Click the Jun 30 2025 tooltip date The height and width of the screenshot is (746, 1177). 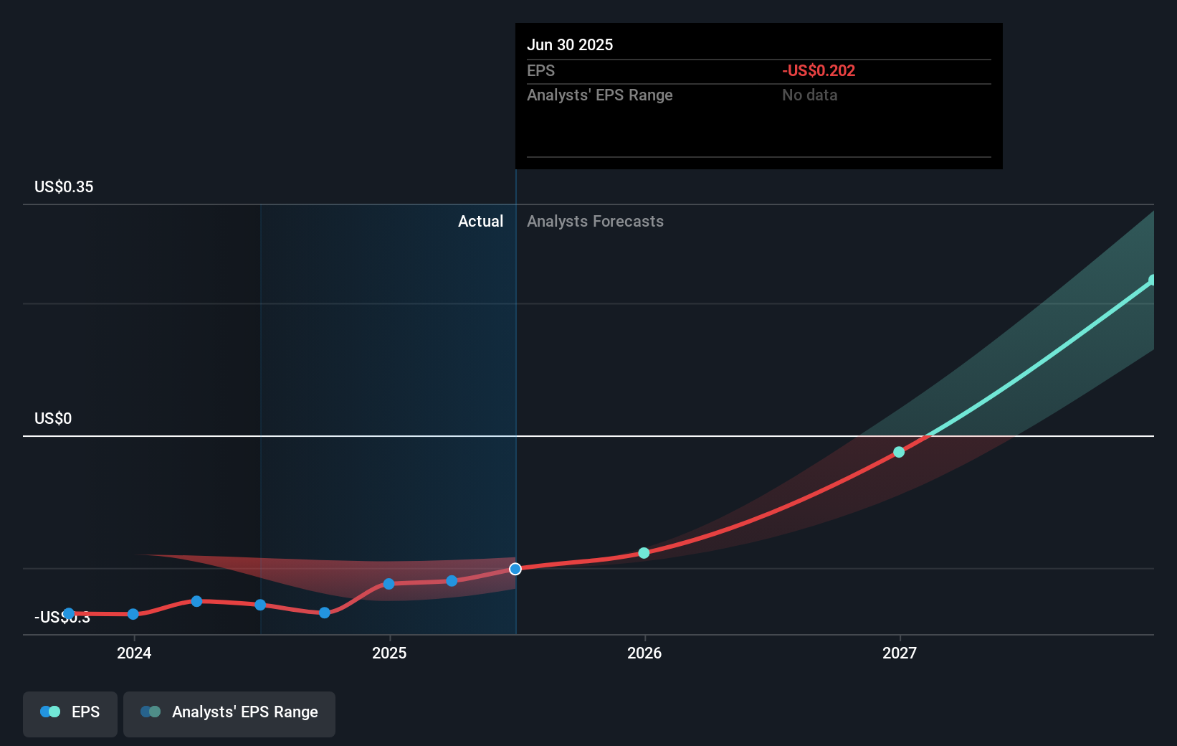570,44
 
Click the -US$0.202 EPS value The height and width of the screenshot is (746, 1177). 818,70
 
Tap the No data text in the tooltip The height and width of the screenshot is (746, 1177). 809,95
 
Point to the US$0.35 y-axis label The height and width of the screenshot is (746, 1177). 64,186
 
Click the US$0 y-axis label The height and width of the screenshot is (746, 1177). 53,418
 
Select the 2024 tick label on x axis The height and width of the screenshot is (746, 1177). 134,653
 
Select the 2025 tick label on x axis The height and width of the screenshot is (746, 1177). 389,653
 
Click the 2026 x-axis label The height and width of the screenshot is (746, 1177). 644,653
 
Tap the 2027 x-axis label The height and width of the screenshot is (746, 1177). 900,653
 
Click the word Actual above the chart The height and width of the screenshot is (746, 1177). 480,221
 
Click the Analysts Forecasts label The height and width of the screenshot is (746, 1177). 595,221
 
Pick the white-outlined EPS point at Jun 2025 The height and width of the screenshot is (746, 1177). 515,569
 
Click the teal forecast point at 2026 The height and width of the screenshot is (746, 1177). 644,553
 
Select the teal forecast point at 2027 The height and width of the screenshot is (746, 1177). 899,452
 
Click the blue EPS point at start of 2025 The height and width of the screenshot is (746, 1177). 389,584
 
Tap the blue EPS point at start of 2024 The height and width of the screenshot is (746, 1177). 133,614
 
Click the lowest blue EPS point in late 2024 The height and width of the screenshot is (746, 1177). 325,613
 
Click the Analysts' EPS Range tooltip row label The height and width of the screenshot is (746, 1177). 599,95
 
